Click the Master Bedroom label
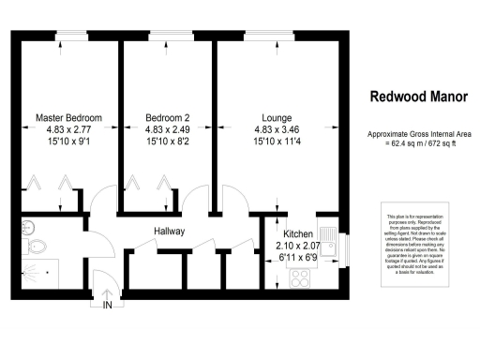tap(68, 118)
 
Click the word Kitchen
tap(298, 232)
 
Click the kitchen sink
tap(328, 240)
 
